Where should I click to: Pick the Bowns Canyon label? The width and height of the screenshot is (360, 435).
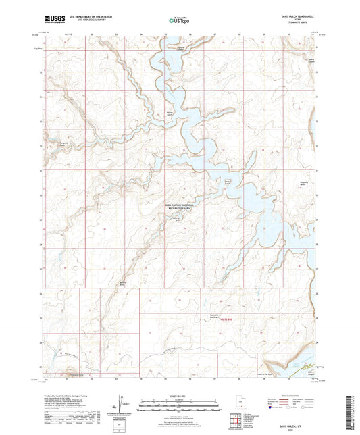coord(311,60)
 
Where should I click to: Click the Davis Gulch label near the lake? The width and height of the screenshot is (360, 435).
coord(228,182)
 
